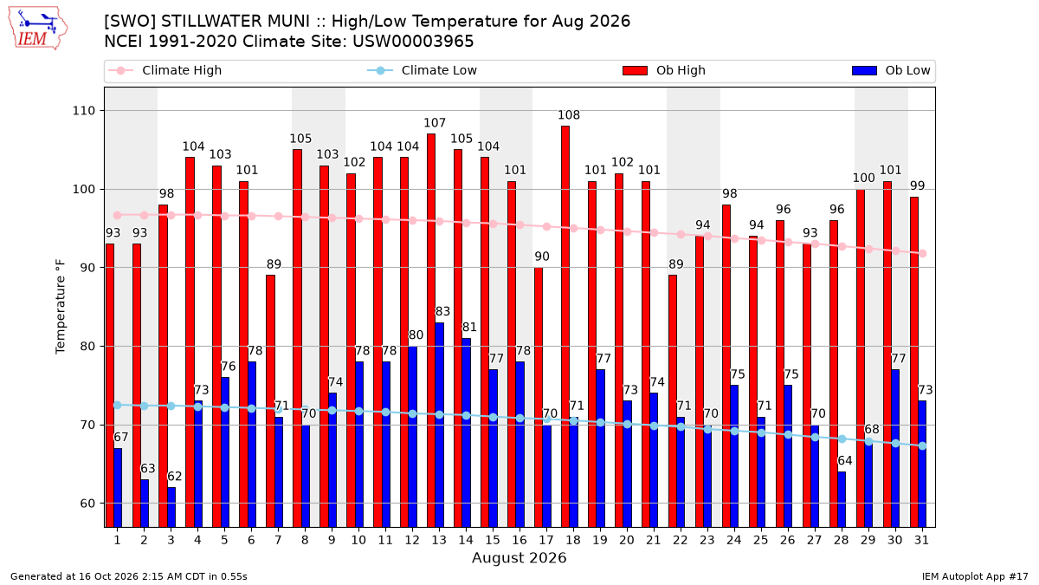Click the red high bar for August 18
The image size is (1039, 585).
coord(565,327)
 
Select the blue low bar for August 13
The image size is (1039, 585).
coord(439,425)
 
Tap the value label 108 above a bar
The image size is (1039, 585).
coord(569,115)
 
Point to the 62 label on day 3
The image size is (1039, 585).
coord(174,477)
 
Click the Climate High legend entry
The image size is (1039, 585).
coord(165,70)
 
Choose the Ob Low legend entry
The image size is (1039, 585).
coord(891,70)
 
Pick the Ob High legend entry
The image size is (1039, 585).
coord(664,70)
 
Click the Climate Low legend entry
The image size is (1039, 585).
coord(423,70)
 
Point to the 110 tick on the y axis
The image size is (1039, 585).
coord(83,111)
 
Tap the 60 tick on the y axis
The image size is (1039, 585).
coord(87,504)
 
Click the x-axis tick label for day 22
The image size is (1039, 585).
coord(680,540)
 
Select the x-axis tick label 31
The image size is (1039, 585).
coord(921,540)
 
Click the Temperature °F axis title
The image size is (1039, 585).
coord(61,307)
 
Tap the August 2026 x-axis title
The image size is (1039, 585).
coord(519,557)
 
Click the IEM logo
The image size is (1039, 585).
coord(38,29)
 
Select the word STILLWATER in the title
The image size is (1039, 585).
coord(235,22)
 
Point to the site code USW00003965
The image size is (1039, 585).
coord(413,42)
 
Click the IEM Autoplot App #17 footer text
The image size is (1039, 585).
coord(975,576)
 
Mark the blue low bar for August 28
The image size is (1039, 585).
coord(842,499)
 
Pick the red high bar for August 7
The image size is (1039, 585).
coord(270,401)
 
